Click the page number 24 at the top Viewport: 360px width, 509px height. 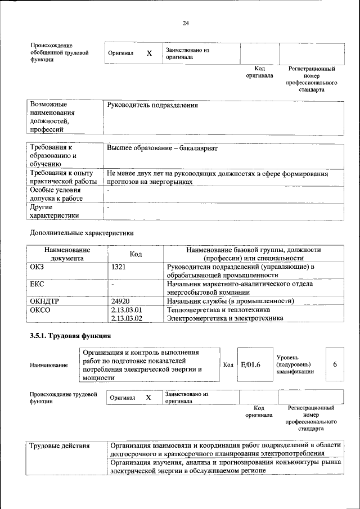(x=186, y=23)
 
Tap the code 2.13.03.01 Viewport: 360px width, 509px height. (x=127, y=310)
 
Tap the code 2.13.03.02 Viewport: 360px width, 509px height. (x=127, y=318)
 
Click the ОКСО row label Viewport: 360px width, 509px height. (x=40, y=310)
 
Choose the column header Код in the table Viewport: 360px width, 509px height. (x=136, y=254)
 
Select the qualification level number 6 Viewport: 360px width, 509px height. (x=335, y=364)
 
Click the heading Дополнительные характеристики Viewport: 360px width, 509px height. (x=82, y=232)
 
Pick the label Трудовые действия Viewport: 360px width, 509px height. (x=60, y=446)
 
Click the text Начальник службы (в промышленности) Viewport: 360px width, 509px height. (x=231, y=301)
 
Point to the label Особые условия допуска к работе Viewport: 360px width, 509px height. (x=56, y=194)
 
